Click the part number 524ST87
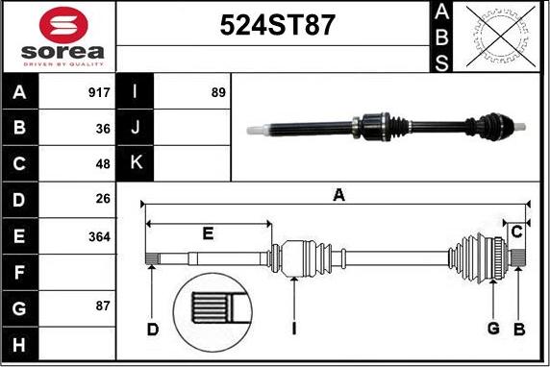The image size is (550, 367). click(x=278, y=26)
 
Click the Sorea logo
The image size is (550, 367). click(x=58, y=37)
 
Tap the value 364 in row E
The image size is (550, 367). click(x=99, y=236)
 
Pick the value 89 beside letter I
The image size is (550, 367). click(x=217, y=94)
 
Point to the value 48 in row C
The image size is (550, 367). click(x=103, y=165)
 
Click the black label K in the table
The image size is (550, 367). click(x=136, y=164)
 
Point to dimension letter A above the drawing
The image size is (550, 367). click(x=338, y=195)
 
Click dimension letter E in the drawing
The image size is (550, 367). click(x=208, y=232)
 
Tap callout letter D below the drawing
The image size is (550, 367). click(x=152, y=330)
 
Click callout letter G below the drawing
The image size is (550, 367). click(x=493, y=330)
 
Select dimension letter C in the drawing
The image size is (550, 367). click(x=517, y=232)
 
